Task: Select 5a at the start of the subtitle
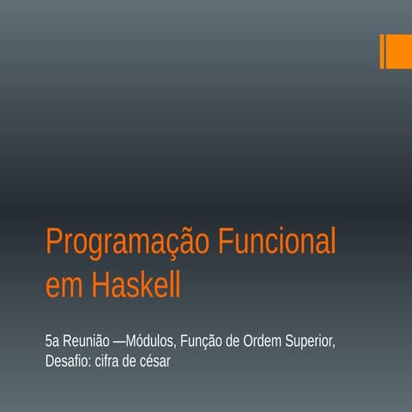(52, 342)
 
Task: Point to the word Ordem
(264, 342)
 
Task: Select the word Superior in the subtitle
(310, 342)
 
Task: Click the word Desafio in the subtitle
(67, 361)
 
